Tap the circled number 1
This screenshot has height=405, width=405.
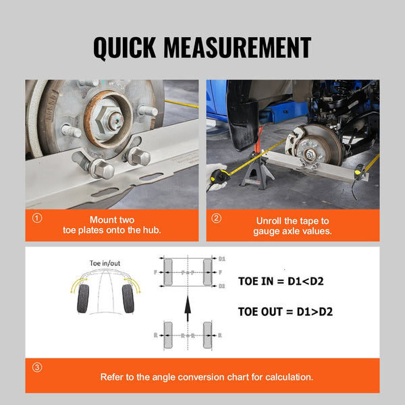[36, 219]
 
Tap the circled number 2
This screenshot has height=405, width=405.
[216, 219]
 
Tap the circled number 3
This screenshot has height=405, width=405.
[36, 368]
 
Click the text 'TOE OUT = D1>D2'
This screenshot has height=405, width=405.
[285, 312]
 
